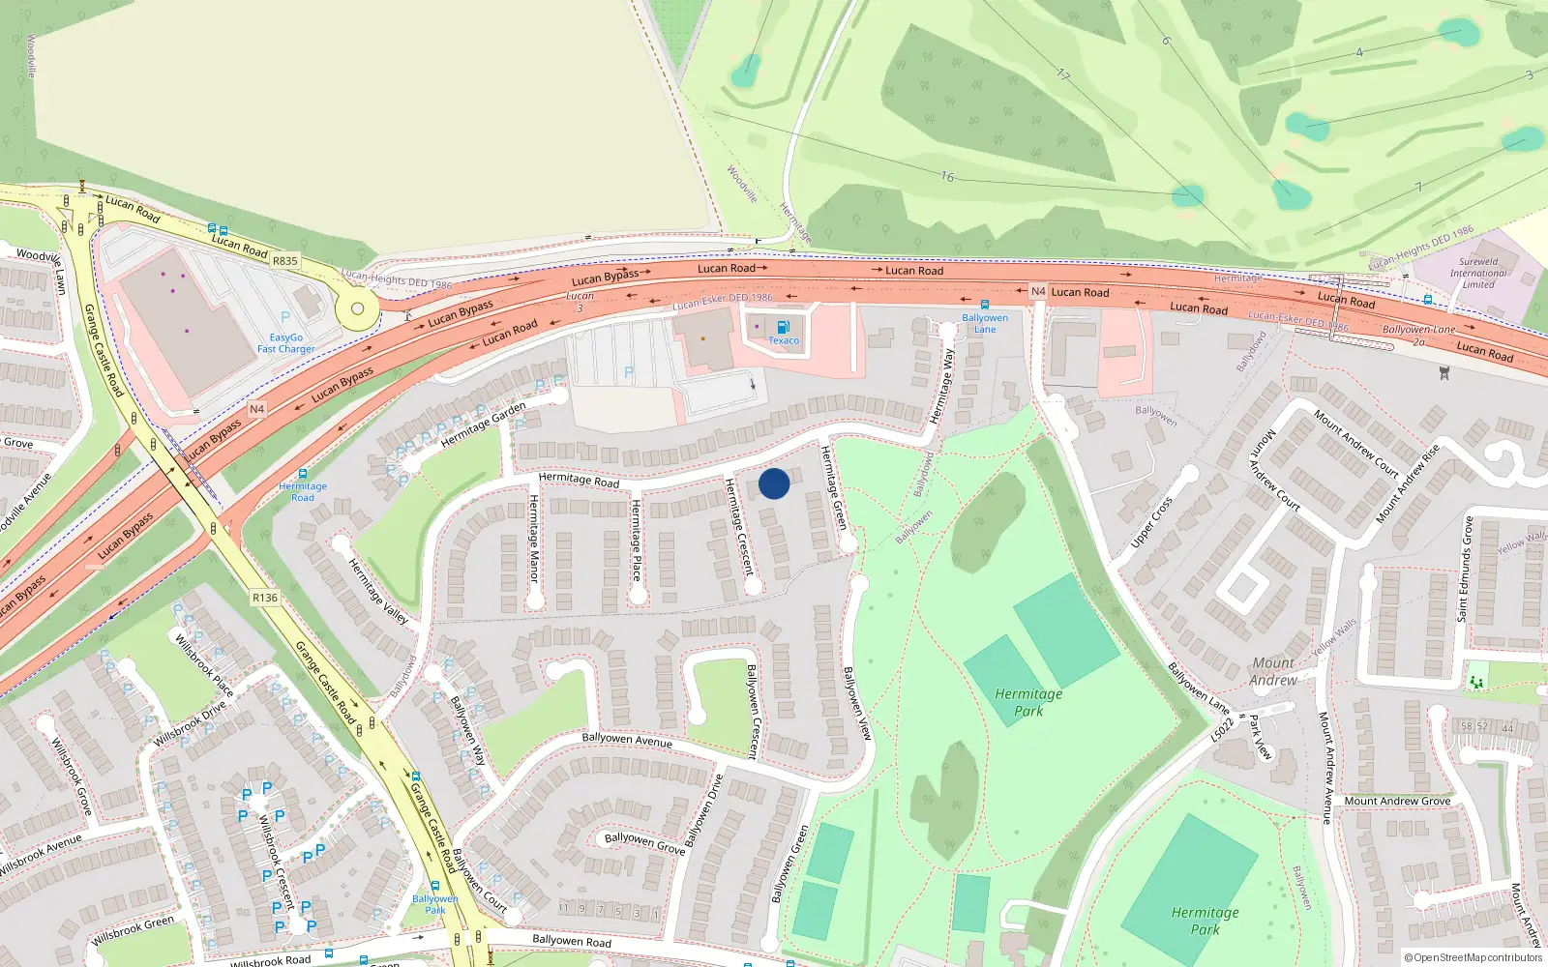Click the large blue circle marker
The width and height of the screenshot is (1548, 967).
coord(774,483)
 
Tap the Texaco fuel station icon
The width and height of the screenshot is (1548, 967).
coord(783,327)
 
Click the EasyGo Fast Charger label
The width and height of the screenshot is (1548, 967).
coord(285,343)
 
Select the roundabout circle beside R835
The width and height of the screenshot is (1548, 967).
coord(358,309)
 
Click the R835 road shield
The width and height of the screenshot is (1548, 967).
coord(284,261)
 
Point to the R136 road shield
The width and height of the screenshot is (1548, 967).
coord(265,598)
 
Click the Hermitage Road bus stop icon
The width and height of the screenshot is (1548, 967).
coord(303,474)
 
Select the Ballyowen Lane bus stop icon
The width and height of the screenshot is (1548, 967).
coord(985,305)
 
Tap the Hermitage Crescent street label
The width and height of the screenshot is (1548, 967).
coord(739,527)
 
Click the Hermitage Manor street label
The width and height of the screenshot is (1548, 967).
coord(533,538)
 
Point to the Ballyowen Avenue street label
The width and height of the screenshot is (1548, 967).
coord(627,740)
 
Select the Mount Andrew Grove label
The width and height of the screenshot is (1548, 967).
coord(1396,801)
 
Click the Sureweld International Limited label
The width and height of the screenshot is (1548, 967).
coord(1478,273)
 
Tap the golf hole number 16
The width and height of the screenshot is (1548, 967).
coord(947,176)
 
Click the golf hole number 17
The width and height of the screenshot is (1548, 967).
coord(1063,74)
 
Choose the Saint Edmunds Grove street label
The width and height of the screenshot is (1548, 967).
coord(1465,569)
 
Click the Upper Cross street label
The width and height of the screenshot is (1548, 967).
coord(1151,522)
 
